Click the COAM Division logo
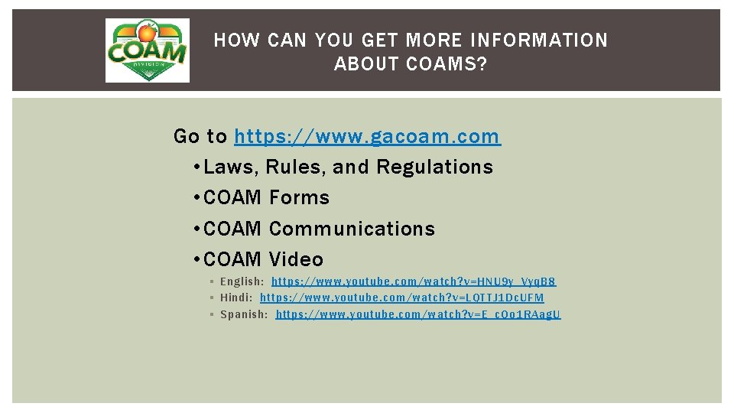[x=147, y=50]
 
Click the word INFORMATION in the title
[x=539, y=40]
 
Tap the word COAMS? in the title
[x=447, y=64]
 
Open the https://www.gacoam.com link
[x=367, y=137]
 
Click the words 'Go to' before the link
[x=200, y=137]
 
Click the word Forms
[x=299, y=197]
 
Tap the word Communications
[x=352, y=229]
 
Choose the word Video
[x=296, y=259]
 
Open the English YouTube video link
[x=414, y=282]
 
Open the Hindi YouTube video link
[x=402, y=298]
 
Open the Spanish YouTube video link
[x=418, y=314]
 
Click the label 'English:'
[x=242, y=282]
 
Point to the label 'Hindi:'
[x=236, y=298]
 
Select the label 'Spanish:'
[x=244, y=314]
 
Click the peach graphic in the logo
[x=146, y=33]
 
